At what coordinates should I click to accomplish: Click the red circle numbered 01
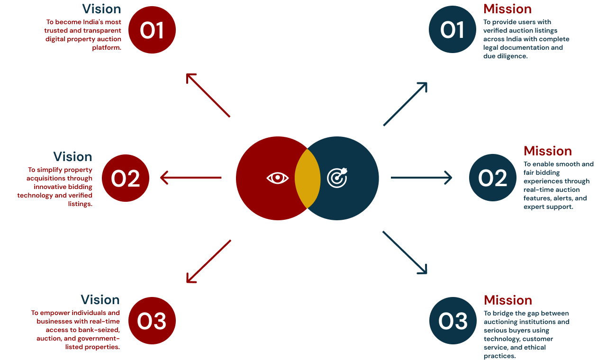point(152,30)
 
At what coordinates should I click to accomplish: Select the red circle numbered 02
point(126,178)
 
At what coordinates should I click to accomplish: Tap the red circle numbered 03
point(152,321)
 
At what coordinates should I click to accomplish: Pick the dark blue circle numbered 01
point(453,30)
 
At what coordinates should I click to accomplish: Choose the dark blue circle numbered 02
point(493,178)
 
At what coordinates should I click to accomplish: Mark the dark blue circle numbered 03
point(453,321)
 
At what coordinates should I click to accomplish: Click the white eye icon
point(277,178)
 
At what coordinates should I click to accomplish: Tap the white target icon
point(337,178)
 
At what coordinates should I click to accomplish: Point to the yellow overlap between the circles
point(308,178)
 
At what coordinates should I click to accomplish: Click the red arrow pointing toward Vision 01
point(208,95)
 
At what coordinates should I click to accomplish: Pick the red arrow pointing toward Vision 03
point(208,261)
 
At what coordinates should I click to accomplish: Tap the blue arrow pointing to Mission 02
point(421,178)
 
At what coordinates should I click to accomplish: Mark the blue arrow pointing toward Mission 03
point(405,252)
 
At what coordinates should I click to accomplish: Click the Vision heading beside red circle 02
point(72,157)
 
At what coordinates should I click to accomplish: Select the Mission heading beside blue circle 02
point(548,151)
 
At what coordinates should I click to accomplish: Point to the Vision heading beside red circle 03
point(100,300)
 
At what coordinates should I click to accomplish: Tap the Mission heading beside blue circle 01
point(507,9)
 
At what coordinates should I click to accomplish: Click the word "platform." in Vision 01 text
point(107,47)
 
